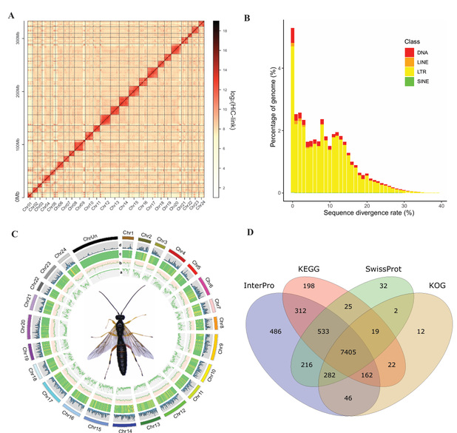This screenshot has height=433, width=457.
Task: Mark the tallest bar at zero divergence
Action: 294,111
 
